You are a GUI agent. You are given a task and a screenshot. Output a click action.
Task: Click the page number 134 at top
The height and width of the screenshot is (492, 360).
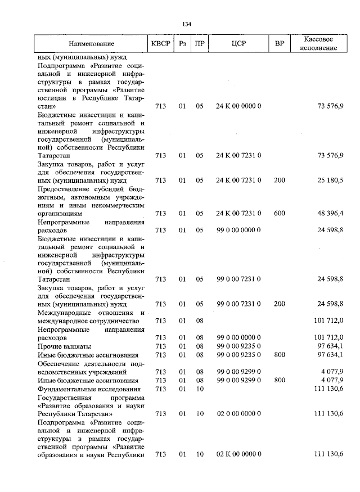(187, 24)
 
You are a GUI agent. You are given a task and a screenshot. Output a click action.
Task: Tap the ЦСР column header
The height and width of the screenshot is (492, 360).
(238, 43)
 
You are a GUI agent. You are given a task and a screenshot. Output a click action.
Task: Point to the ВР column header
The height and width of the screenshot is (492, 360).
(280, 43)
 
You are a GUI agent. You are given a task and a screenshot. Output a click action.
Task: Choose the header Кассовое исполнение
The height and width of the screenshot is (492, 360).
(318, 43)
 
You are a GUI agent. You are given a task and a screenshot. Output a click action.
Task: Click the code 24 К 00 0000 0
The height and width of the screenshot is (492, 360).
(238, 106)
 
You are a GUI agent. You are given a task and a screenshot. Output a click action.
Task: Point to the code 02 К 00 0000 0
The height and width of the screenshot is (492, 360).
(238, 454)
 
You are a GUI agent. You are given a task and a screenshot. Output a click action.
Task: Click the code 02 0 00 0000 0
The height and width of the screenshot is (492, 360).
(238, 413)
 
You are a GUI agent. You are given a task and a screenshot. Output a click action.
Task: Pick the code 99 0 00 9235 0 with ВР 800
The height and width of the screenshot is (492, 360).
(238, 354)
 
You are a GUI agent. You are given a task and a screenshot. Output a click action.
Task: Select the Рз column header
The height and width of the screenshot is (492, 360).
(183, 43)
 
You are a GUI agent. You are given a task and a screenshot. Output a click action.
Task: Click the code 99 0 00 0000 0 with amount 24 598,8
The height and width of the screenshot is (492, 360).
(238, 229)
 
